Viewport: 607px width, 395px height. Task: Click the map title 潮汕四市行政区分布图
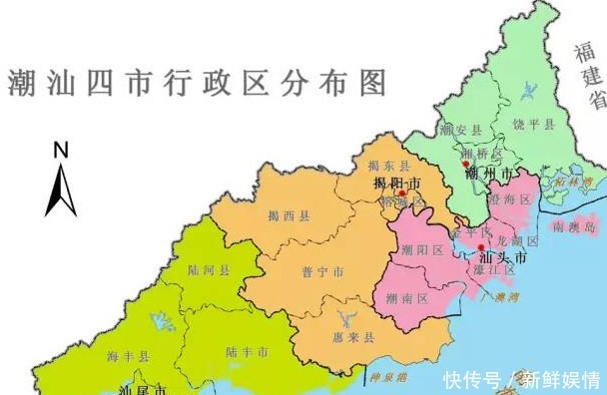197,82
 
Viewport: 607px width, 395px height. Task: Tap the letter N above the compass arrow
61,151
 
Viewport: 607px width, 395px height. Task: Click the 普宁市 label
322,271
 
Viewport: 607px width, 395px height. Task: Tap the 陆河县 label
211,269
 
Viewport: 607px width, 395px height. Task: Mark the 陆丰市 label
247,351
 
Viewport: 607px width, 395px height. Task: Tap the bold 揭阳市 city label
396,185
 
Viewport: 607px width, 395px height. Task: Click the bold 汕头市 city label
503,256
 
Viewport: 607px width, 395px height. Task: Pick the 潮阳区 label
423,250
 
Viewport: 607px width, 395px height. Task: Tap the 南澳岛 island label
585,227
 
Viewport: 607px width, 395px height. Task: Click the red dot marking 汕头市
481,247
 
